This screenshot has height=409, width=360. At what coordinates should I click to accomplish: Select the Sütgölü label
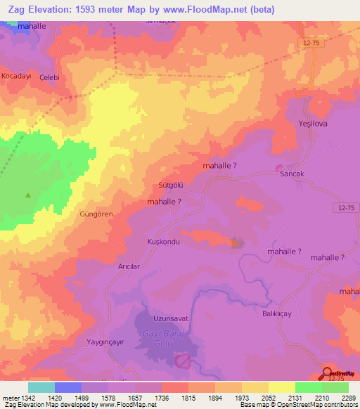[171, 186]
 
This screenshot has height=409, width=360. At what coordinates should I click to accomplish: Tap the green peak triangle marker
[28, 195]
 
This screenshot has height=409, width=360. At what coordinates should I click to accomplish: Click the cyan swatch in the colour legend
[41, 387]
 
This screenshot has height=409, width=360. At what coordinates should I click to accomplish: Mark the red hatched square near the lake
[183, 361]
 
